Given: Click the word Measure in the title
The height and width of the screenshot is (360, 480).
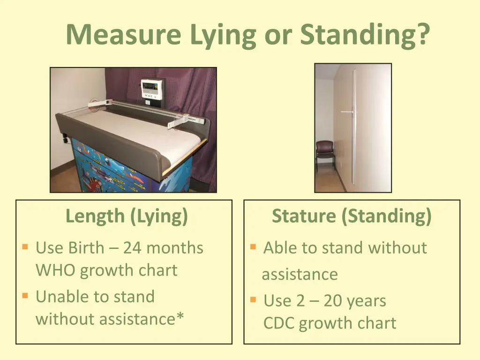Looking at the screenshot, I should [123, 35].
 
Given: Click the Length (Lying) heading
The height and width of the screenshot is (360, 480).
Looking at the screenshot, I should [127, 216].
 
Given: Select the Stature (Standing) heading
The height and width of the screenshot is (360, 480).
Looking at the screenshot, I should [352, 216].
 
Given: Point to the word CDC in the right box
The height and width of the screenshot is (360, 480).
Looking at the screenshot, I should [279, 323].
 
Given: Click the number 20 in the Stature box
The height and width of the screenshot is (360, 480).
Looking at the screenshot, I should [333, 300].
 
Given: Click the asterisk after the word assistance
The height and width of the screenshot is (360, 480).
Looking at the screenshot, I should [180, 318].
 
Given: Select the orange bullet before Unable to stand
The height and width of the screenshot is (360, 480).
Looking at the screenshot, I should [25, 296].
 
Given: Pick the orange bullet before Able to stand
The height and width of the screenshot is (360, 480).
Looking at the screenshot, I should [253, 247].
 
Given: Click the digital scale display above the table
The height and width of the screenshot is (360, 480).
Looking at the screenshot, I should [153, 88].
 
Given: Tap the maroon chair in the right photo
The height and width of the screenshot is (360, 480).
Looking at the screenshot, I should [325, 154].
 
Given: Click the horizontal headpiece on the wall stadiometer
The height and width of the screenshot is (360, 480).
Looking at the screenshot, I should [347, 112].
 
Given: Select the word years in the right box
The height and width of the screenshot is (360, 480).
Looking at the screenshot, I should [367, 300].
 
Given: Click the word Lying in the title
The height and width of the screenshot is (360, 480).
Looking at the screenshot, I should [224, 35].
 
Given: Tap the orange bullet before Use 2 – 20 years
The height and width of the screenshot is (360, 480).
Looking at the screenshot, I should [253, 299].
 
